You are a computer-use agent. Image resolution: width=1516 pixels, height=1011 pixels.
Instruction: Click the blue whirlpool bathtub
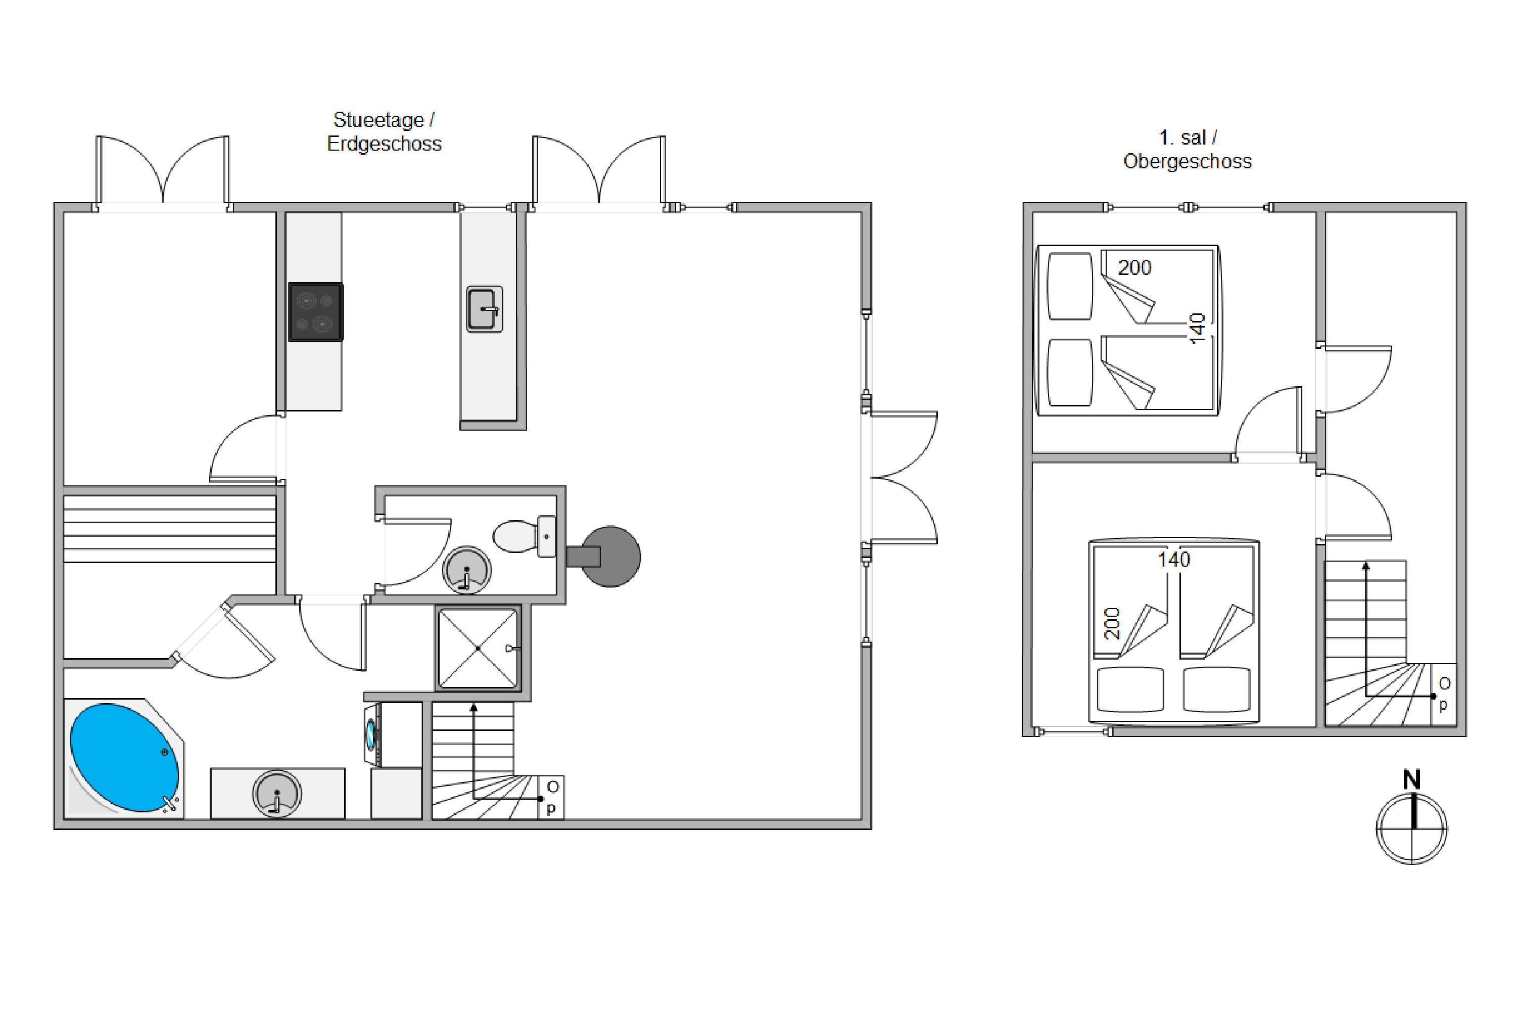(x=124, y=758)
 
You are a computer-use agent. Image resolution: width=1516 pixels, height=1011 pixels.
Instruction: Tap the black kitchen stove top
(x=315, y=312)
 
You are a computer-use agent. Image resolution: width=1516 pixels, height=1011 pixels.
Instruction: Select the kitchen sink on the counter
(x=485, y=309)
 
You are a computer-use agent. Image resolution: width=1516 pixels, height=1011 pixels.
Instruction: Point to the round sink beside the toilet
(x=466, y=570)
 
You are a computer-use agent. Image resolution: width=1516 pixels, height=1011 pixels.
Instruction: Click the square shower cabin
(x=478, y=648)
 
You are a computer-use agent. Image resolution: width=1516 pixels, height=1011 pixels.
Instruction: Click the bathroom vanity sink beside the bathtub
(x=276, y=793)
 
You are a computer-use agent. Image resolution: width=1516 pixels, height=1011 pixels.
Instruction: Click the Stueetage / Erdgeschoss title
(x=384, y=131)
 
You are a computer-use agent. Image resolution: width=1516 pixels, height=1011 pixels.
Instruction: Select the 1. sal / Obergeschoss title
(x=1187, y=149)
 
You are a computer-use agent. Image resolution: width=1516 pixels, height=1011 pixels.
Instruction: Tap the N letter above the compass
(x=1411, y=780)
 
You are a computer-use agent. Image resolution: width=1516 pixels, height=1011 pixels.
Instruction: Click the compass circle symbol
(x=1411, y=829)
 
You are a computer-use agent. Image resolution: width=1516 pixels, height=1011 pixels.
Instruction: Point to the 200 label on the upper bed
(x=1134, y=267)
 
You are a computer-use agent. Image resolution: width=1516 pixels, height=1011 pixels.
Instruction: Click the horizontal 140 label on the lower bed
(x=1174, y=560)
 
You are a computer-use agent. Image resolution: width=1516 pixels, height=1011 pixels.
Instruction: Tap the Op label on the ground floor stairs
(x=552, y=798)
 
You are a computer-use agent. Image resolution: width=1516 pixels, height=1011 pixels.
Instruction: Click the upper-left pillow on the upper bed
(x=1070, y=286)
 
